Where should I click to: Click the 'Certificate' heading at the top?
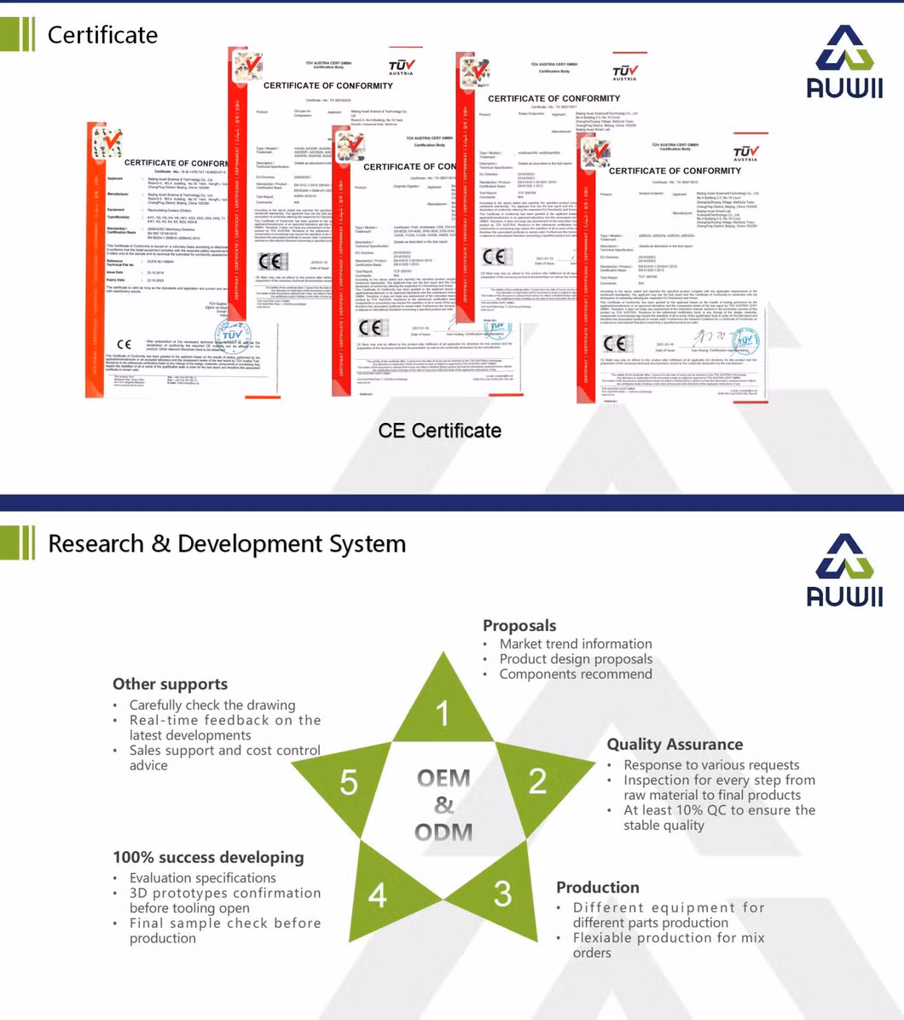coord(102,35)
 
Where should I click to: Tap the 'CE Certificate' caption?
coord(439,431)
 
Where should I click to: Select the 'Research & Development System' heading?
coord(226,544)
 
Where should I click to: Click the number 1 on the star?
coord(443,713)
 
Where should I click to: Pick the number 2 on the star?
coord(537,780)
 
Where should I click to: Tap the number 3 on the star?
coord(502,893)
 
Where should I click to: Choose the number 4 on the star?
coord(377,895)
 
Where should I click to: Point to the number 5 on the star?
coord(349,782)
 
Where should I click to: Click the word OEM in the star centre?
coord(443,778)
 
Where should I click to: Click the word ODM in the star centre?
coord(443,832)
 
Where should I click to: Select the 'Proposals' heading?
coord(519,625)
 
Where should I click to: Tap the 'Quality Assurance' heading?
coord(675,745)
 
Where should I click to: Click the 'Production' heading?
coord(598,887)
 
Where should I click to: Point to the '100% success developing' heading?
coord(208,857)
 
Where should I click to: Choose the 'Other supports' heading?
coord(170,684)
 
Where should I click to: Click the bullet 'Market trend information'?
coord(576,644)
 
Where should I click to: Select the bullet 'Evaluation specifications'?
coord(203,878)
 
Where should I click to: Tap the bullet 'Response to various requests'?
coord(711,765)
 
